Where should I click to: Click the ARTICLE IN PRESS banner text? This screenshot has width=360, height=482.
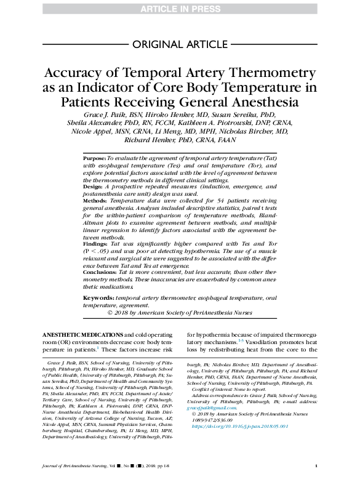tap(180, 8)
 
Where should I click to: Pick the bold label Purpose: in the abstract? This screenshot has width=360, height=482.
tap(95, 158)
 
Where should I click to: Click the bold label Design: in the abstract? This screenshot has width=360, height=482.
tap(94, 186)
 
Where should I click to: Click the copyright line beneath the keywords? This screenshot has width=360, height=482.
tap(180, 312)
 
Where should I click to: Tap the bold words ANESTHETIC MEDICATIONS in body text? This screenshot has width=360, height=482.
tap(89, 334)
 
